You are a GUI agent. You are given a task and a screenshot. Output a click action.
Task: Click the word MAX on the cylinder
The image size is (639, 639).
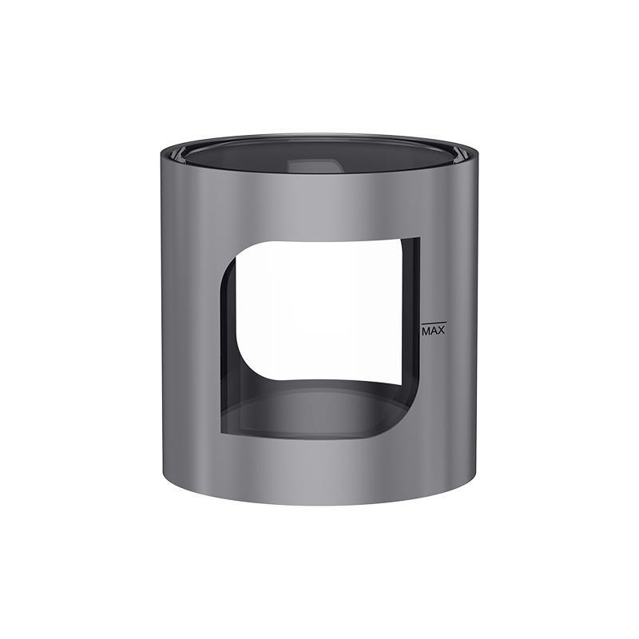433,330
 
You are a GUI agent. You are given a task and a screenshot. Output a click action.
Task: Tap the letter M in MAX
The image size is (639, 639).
426,330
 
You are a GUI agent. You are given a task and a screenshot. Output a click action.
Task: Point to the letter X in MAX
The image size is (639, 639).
441,330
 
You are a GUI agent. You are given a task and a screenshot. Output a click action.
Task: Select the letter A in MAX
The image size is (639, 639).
433,330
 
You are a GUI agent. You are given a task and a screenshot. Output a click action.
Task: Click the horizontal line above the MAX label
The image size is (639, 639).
432,323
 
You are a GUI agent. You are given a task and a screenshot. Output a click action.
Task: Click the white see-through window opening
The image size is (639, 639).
323,319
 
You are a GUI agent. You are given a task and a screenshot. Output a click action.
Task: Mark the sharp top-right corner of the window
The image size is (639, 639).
418,238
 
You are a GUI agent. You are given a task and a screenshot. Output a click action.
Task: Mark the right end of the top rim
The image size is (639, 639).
479,151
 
